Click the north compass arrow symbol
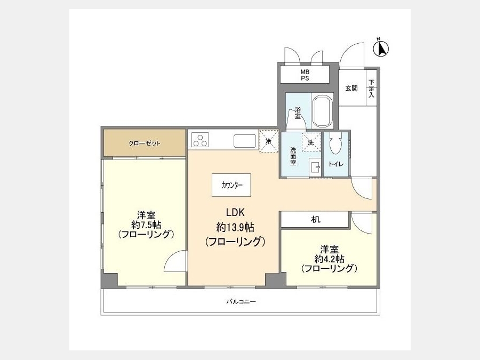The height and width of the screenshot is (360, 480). [380, 49]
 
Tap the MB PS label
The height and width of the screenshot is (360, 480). [305, 75]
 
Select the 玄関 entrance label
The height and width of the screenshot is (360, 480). [351, 88]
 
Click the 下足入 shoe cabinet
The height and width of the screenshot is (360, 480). [371, 88]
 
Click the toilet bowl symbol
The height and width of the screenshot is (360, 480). [335, 145]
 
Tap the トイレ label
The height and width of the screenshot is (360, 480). [336, 164]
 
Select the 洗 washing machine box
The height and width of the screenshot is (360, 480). [311, 142]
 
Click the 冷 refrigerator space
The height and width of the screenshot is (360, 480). [268, 141]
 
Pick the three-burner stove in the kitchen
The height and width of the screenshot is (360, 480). [200, 140]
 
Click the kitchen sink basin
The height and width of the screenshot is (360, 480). [245, 141]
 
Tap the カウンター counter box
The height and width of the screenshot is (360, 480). [231, 185]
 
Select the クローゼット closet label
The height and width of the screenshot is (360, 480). [145, 143]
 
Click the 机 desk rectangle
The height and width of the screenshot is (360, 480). [315, 220]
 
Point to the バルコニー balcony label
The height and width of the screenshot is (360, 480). [241, 302]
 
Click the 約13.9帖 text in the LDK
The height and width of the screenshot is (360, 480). [235, 227]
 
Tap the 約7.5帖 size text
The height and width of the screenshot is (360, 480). [146, 225]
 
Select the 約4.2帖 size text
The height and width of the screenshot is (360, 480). [330, 259]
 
